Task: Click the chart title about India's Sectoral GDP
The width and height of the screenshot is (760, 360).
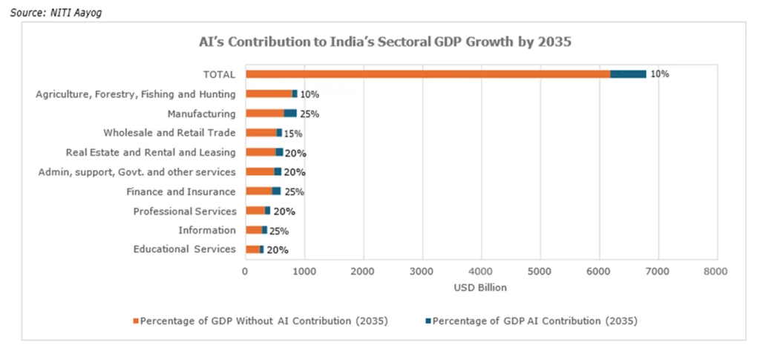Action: pyautogui.click(x=384, y=42)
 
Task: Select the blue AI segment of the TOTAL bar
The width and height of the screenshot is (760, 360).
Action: pyautogui.click(x=628, y=74)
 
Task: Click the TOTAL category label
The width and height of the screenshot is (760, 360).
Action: pyautogui.click(x=219, y=74)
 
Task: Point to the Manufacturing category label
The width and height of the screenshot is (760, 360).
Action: pyautogui.click(x=201, y=114)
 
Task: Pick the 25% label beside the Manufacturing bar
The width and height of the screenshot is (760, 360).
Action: pyautogui.click(x=309, y=114)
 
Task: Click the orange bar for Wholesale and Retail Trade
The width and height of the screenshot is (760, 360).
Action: pyautogui.click(x=261, y=133)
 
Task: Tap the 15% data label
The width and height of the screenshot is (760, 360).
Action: pyautogui.click(x=293, y=134)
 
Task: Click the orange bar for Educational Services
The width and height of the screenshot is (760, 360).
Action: pyautogui.click(x=252, y=249)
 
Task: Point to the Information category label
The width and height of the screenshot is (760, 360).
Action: pyautogui.click(x=207, y=230)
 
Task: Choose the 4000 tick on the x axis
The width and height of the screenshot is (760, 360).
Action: pyautogui.click(x=481, y=272)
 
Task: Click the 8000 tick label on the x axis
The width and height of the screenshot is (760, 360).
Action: pyautogui.click(x=716, y=272)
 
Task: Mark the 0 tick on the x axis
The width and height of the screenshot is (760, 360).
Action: pyautogui.click(x=245, y=272)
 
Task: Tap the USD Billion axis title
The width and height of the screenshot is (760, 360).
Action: pyautogui.click(x=479, y=287)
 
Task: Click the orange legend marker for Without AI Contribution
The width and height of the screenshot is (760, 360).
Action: pyautogui.click(x=136, y=321)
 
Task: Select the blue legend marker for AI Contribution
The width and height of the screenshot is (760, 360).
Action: pyautogui.click(x=427, y=321)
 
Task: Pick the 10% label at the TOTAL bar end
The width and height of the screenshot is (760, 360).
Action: pyautogui.click(x=660, y=74)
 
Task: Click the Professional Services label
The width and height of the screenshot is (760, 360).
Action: pyautogui.click(x=184, y=212)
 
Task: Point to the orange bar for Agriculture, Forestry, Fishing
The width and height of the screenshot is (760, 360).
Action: pyautogui.click(x=269, y=94)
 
